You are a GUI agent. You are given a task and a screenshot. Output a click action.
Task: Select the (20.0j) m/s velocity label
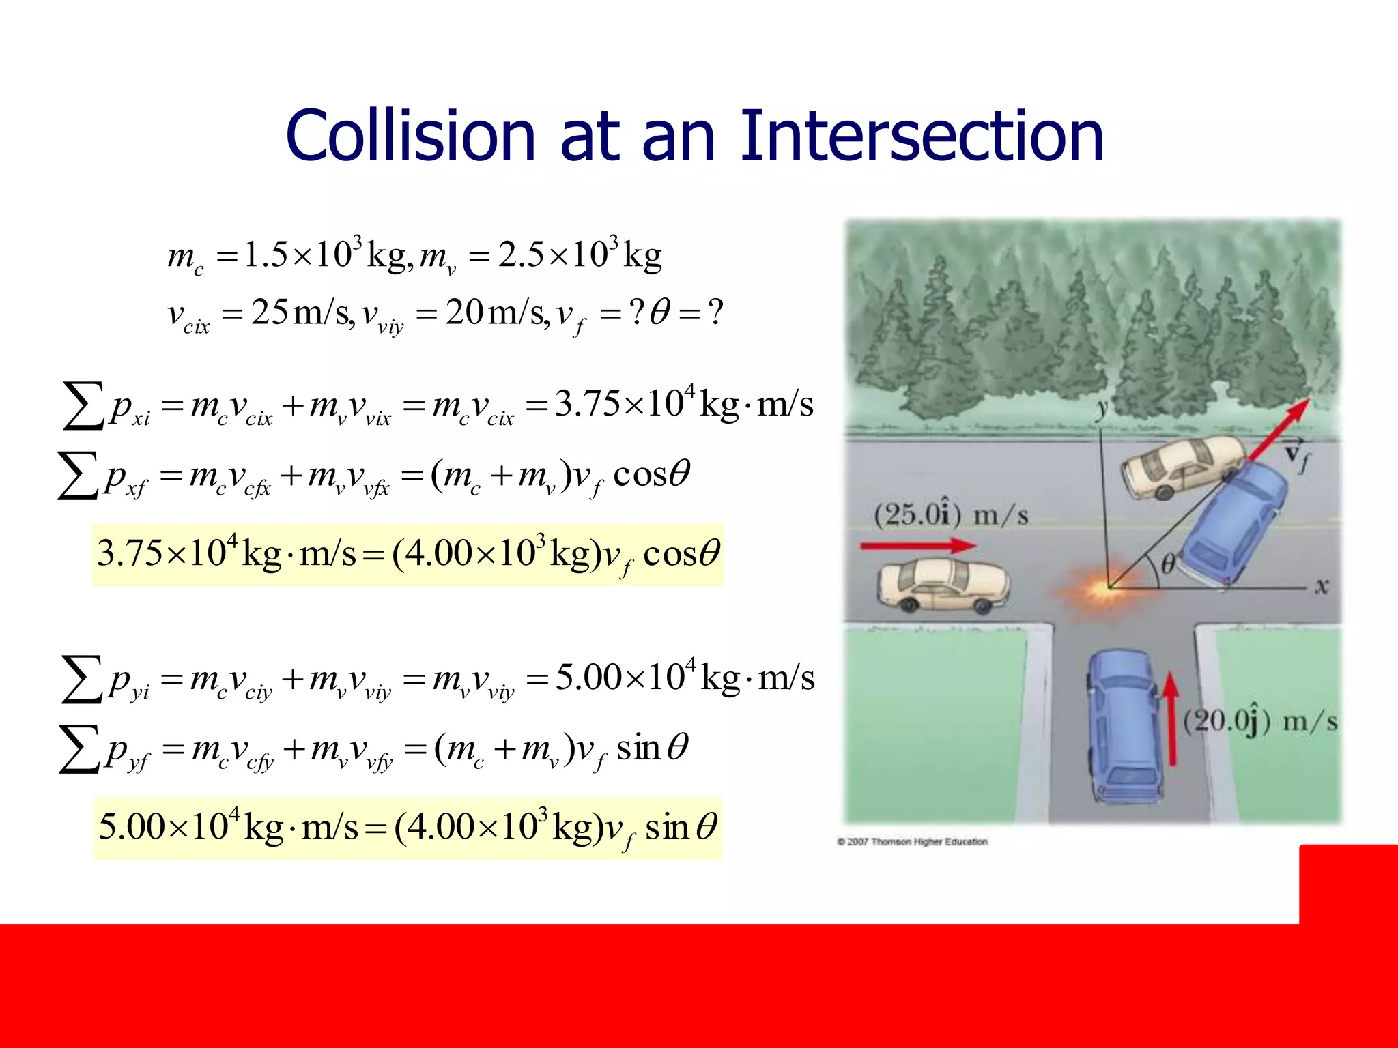coord(1260,722)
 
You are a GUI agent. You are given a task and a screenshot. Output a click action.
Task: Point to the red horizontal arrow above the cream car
coord(918,545)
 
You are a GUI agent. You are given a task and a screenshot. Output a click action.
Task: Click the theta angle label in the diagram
coord(1168,564)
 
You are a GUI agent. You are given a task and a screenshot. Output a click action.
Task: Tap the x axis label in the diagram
coord(1322,586)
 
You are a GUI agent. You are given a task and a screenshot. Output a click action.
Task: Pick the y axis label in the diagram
coord(1101,408)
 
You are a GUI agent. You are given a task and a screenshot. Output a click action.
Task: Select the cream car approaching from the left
coord(943,585)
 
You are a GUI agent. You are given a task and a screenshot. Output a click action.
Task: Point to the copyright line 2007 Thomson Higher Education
coord(913,842)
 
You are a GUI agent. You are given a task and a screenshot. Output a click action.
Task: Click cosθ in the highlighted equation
coord(681,553)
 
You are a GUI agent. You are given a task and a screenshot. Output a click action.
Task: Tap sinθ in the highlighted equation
coord(681,828)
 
